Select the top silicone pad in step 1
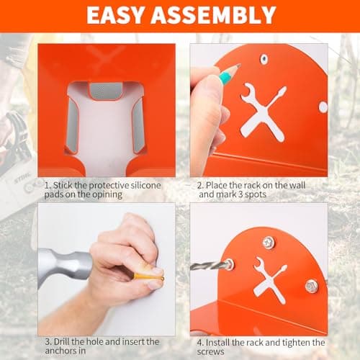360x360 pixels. [x=105, y=91]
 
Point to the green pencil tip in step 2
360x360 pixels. [x=235, y=71]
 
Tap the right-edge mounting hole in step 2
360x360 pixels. [x=323, y=107]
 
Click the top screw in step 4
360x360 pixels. [x=268, y=242]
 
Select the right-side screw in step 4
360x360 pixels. [x=311, y=286]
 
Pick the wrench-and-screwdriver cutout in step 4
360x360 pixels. [x=269, y=279]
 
